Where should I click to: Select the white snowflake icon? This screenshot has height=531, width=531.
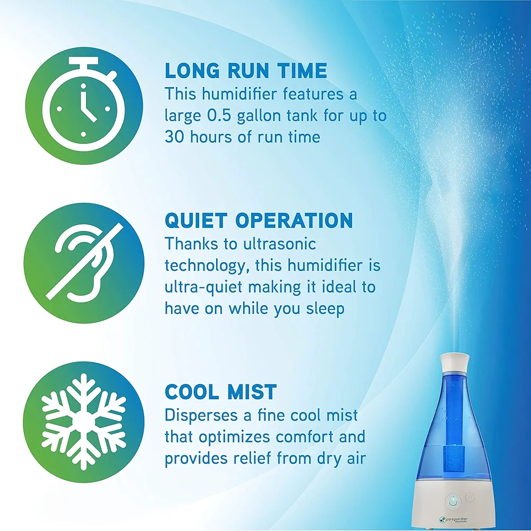(84, 421)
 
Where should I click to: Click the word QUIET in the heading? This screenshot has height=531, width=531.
(196, 220)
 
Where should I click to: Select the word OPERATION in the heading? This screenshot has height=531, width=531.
(294, 220)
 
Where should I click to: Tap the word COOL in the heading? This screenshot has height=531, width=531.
(192, 392)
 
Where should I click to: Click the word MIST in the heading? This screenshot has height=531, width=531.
(252, 392)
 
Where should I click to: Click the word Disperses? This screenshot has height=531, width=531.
(201, 416)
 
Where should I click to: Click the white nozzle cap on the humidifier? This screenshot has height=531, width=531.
(455, 361)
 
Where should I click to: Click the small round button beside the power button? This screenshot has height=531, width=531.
(470, 497)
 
